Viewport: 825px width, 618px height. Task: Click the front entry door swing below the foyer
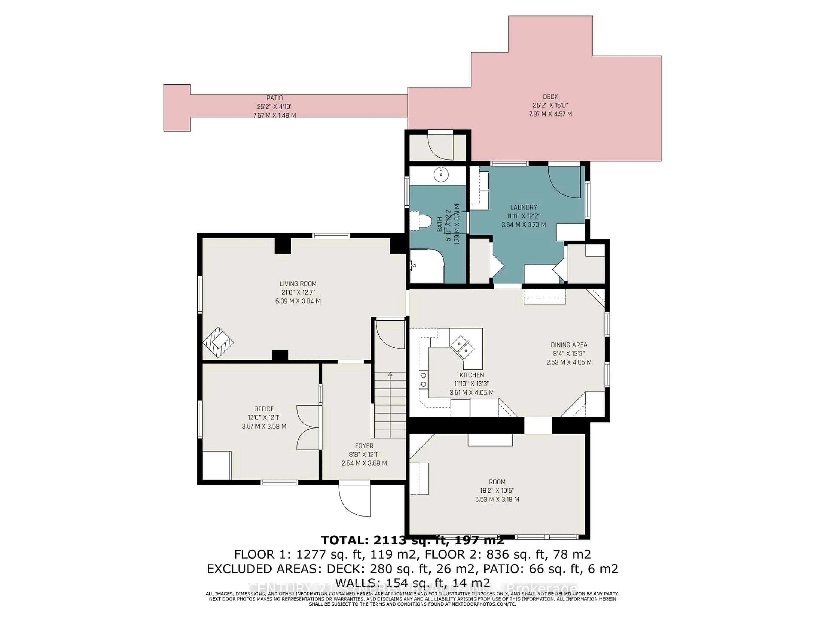coord(354,500)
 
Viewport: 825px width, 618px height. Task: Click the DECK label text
coord(550,97)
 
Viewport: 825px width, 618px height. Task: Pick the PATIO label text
coord(275,98)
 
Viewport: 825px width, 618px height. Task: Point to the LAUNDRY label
coord(524,207)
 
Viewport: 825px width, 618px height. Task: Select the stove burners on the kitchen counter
coord(424,380)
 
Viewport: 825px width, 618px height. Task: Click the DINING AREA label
coord(569,345)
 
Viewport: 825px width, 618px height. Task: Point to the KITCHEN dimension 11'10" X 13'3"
coord(471,384)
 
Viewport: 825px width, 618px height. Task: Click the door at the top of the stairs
coord(390,334)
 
